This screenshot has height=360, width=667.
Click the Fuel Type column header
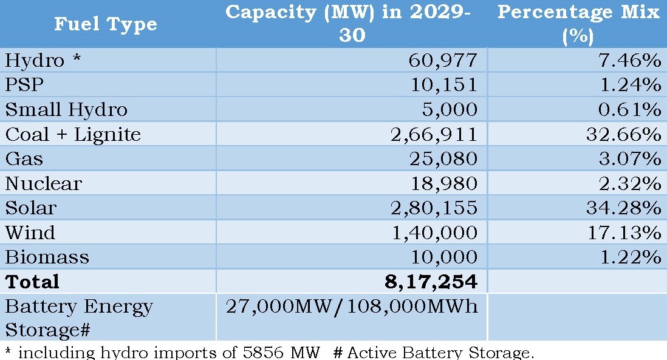click(x=106, y=24)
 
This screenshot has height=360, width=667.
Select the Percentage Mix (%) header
click(x=578, y=24)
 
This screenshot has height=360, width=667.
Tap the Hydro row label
click(x=35, y=61)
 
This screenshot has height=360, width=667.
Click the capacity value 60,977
click(x=443, y=61)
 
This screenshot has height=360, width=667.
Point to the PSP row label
click(x=24, y=85)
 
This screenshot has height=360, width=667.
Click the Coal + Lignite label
click(x=73, y=134)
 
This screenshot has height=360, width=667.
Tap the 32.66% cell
click(x=623, y=134)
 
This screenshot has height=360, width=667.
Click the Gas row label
click(x=24, y=159)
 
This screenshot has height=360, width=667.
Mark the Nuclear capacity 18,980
click(x=443, y=183)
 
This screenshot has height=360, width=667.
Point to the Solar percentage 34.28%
click(x=623, y=208)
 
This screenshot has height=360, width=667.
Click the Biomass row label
click(x=47, y=257)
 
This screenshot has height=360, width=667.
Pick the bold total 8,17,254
click(x=431, y=282)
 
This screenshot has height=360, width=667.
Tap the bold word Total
click(x=32, y=282)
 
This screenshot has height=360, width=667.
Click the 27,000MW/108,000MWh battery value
click(x=352, y=307)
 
